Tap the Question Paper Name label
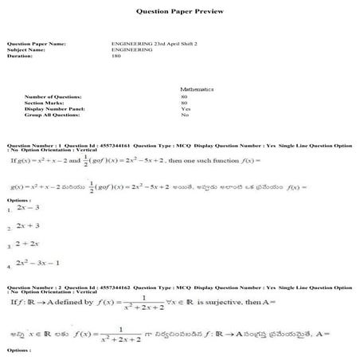tap(35, 43)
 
